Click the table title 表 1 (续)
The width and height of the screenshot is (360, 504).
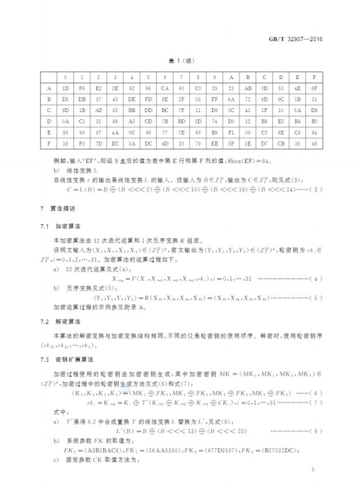(180, 63)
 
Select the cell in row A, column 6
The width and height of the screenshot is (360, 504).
(165, 88)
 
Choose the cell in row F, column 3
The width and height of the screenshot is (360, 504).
(115, 144)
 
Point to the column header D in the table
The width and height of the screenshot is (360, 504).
(281, 77)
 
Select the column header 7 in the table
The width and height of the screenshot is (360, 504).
(182, 77)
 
